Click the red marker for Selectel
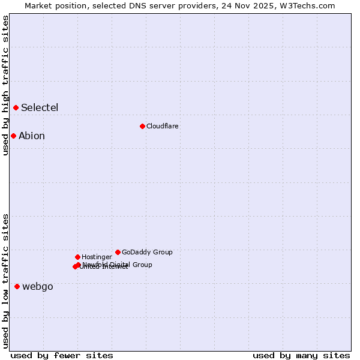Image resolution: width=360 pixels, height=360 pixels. [16, 107]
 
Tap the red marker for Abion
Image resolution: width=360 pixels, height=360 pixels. [13, 136]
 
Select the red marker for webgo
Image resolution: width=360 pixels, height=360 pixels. [17, 286]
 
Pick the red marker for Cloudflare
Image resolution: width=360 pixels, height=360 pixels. [142, 126]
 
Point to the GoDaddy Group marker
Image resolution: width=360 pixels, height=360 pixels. [118, 252]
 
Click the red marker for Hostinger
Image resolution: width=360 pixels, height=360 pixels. [77, 257]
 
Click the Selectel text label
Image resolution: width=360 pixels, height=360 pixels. [40, 108]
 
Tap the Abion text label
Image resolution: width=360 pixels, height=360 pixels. [32, 136]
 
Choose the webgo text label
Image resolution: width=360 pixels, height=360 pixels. [38, 287]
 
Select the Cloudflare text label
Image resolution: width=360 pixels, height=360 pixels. [163, 127]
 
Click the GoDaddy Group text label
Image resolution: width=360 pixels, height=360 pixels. [147, 253]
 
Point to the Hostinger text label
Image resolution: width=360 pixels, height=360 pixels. [97, 257]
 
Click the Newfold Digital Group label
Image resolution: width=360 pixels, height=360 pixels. [118, 265]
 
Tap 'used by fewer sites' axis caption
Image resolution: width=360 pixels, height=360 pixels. [62, 355]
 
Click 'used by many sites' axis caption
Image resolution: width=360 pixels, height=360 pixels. [301, 355]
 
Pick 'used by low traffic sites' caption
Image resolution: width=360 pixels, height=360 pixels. [5, 280]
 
